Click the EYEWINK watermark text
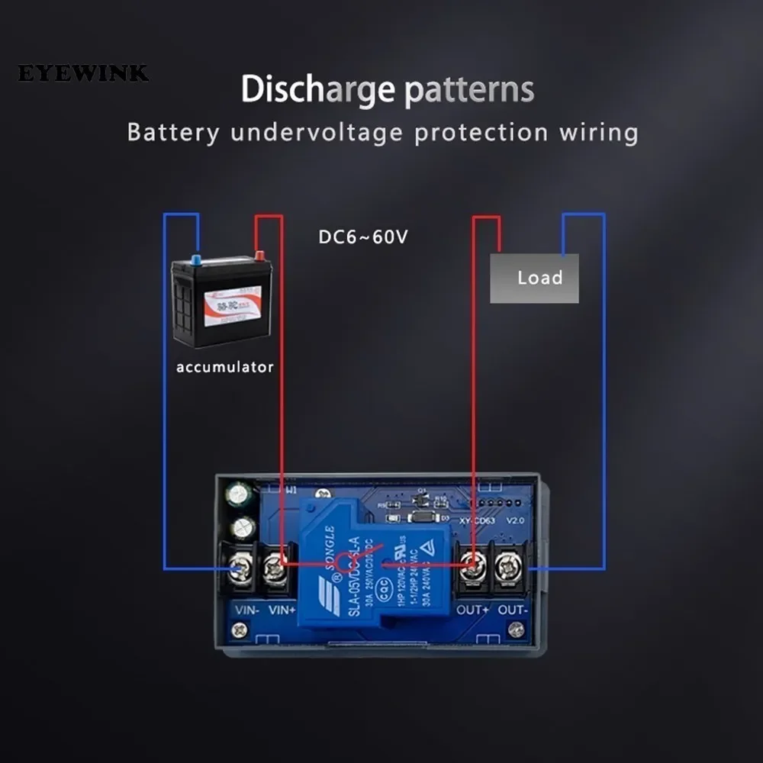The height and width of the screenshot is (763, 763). pos(83,74)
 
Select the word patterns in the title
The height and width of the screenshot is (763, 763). pos(468,89)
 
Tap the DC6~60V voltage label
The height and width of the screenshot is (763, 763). pos(363,237)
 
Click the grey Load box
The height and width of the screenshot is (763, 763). pos(534,278)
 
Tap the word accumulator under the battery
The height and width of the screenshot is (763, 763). pos(224,367)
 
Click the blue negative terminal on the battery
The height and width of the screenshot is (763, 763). pos(196,260)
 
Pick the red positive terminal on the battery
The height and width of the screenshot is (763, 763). pos(259,256)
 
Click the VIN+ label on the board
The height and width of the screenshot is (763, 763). pos(282,610)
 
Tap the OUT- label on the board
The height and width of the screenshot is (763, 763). pos(512,610)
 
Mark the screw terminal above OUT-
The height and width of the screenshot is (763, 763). pos(507,567)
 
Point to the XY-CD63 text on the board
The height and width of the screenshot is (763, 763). pos(478,521)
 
